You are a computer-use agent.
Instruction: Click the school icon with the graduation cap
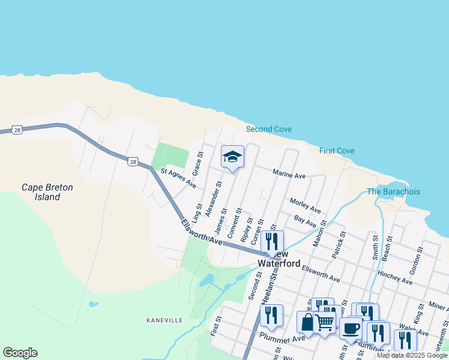[x=232, y=157]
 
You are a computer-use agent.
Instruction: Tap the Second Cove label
[x=269, y=129]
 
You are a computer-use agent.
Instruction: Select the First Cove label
[x=337, y=151]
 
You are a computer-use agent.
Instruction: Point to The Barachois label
[x=393, y=191]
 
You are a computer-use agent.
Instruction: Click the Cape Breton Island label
[x=47, y=192]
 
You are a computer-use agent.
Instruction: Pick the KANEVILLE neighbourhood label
[x=164, y=320]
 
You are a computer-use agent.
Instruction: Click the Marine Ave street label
[x=289, y=175]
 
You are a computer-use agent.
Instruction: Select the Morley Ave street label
[x=305, y=205]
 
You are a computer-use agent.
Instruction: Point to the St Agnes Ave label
[x=178, y=178]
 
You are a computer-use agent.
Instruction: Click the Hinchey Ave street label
[x=395, y=277]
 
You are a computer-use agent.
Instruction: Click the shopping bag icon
[x=307, y=322]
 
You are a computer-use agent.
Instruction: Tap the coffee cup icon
[x=351, y=328]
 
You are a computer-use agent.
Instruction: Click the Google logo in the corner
[x=20, y=353]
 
